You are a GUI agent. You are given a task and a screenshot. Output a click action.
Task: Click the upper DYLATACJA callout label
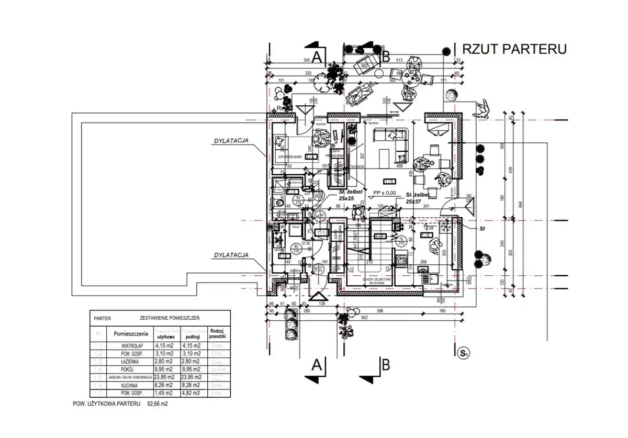tap(231, 140)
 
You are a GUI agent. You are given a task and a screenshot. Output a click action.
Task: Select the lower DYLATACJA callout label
tap(231, 255)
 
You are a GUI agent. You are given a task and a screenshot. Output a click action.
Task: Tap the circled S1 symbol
tap(463, 353)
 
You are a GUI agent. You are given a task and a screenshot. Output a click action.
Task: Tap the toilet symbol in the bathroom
tap(279, 203)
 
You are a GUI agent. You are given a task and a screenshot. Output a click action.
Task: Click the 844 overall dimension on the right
tap(520, 204)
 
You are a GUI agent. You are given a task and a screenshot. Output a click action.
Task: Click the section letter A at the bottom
tap(316, 365)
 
